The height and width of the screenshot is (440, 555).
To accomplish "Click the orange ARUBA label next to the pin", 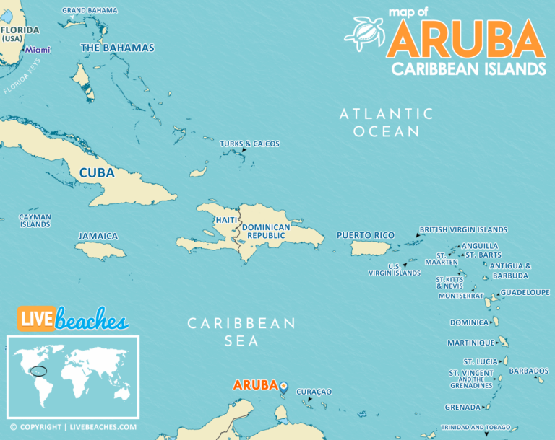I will pyautogui.click(x=255, y=385).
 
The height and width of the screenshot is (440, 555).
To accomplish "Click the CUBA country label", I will pyautogui.click(x=97, y=173).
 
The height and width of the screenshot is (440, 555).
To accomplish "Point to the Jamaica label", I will pyautogui.click(x=98, y=236).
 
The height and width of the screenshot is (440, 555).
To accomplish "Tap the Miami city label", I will pyautogui.click(x=38, y=50).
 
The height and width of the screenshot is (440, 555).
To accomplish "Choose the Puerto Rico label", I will pyautogui.click(x=365, y=235).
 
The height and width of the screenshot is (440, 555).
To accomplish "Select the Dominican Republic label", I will pyautogui.click(x=266, y=232).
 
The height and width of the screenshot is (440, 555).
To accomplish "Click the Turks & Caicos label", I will pyautogui.click(x=249, y=144).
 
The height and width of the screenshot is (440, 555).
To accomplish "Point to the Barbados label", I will pyautogui.click(x=528, y=371).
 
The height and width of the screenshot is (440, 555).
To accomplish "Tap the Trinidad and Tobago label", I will pyautogui.click(x=476, y=427).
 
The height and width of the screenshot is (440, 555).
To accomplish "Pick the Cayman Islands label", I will pyautogui.click(x=35, y=221).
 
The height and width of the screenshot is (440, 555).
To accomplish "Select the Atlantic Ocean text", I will pyautogui.click(x=387, y=123).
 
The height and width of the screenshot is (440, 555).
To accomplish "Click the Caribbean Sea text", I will pyautogui.click(x=241, y=332).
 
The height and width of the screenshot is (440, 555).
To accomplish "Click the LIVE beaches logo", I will pyautogui.click(x=72, y=319).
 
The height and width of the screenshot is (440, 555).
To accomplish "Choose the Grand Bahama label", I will pyautogui.click(x=90, y=10).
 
